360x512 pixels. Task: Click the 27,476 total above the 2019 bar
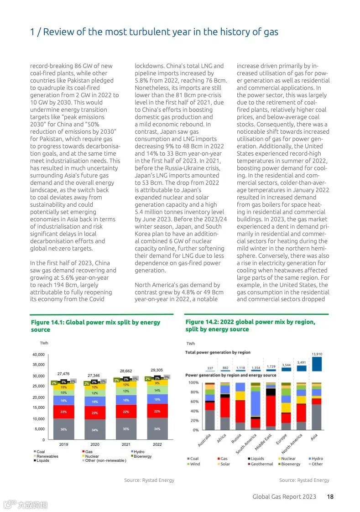63,374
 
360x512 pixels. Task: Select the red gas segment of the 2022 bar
157,411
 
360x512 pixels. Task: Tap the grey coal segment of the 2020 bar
95,430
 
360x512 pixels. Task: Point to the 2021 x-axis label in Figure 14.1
126,444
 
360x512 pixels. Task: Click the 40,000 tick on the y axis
38,355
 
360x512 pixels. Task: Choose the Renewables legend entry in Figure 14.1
47,456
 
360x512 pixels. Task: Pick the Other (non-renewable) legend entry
105,460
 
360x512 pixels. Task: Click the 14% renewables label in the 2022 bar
157,391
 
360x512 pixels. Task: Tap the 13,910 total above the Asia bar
317,354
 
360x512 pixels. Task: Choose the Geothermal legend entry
261,464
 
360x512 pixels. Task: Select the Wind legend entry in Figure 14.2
194,464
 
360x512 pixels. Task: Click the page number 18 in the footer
330,496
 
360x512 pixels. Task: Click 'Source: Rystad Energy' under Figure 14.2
304,480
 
